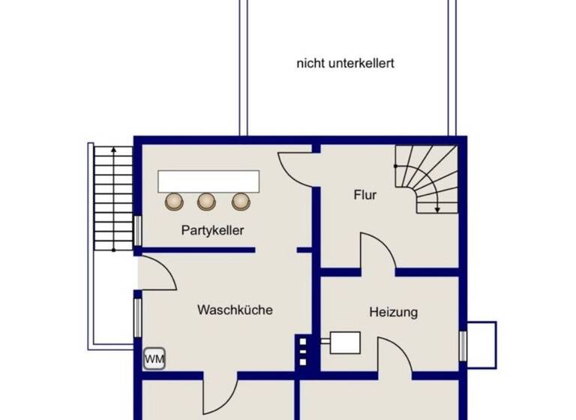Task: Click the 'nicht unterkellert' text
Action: tap(345, 64)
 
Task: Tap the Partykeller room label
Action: tap(212, 231)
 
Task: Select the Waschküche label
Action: tap(235, 310)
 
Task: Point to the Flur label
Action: tap(365, 196)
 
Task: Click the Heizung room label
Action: tap(393, 312)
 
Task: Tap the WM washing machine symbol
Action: tap(154, 359)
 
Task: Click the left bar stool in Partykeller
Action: tap(175, 201)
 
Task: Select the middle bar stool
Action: tap(207, 201)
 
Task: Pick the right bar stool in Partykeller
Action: tap(240, 201)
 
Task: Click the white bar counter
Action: tap(208, 181)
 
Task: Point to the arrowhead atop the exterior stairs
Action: tap(113, 150)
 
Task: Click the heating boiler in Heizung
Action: tap(345, 342)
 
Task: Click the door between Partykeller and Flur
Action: tap(296, 163)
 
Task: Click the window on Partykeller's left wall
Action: tap(138, 230)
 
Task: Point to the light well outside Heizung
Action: tap(481, 344)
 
